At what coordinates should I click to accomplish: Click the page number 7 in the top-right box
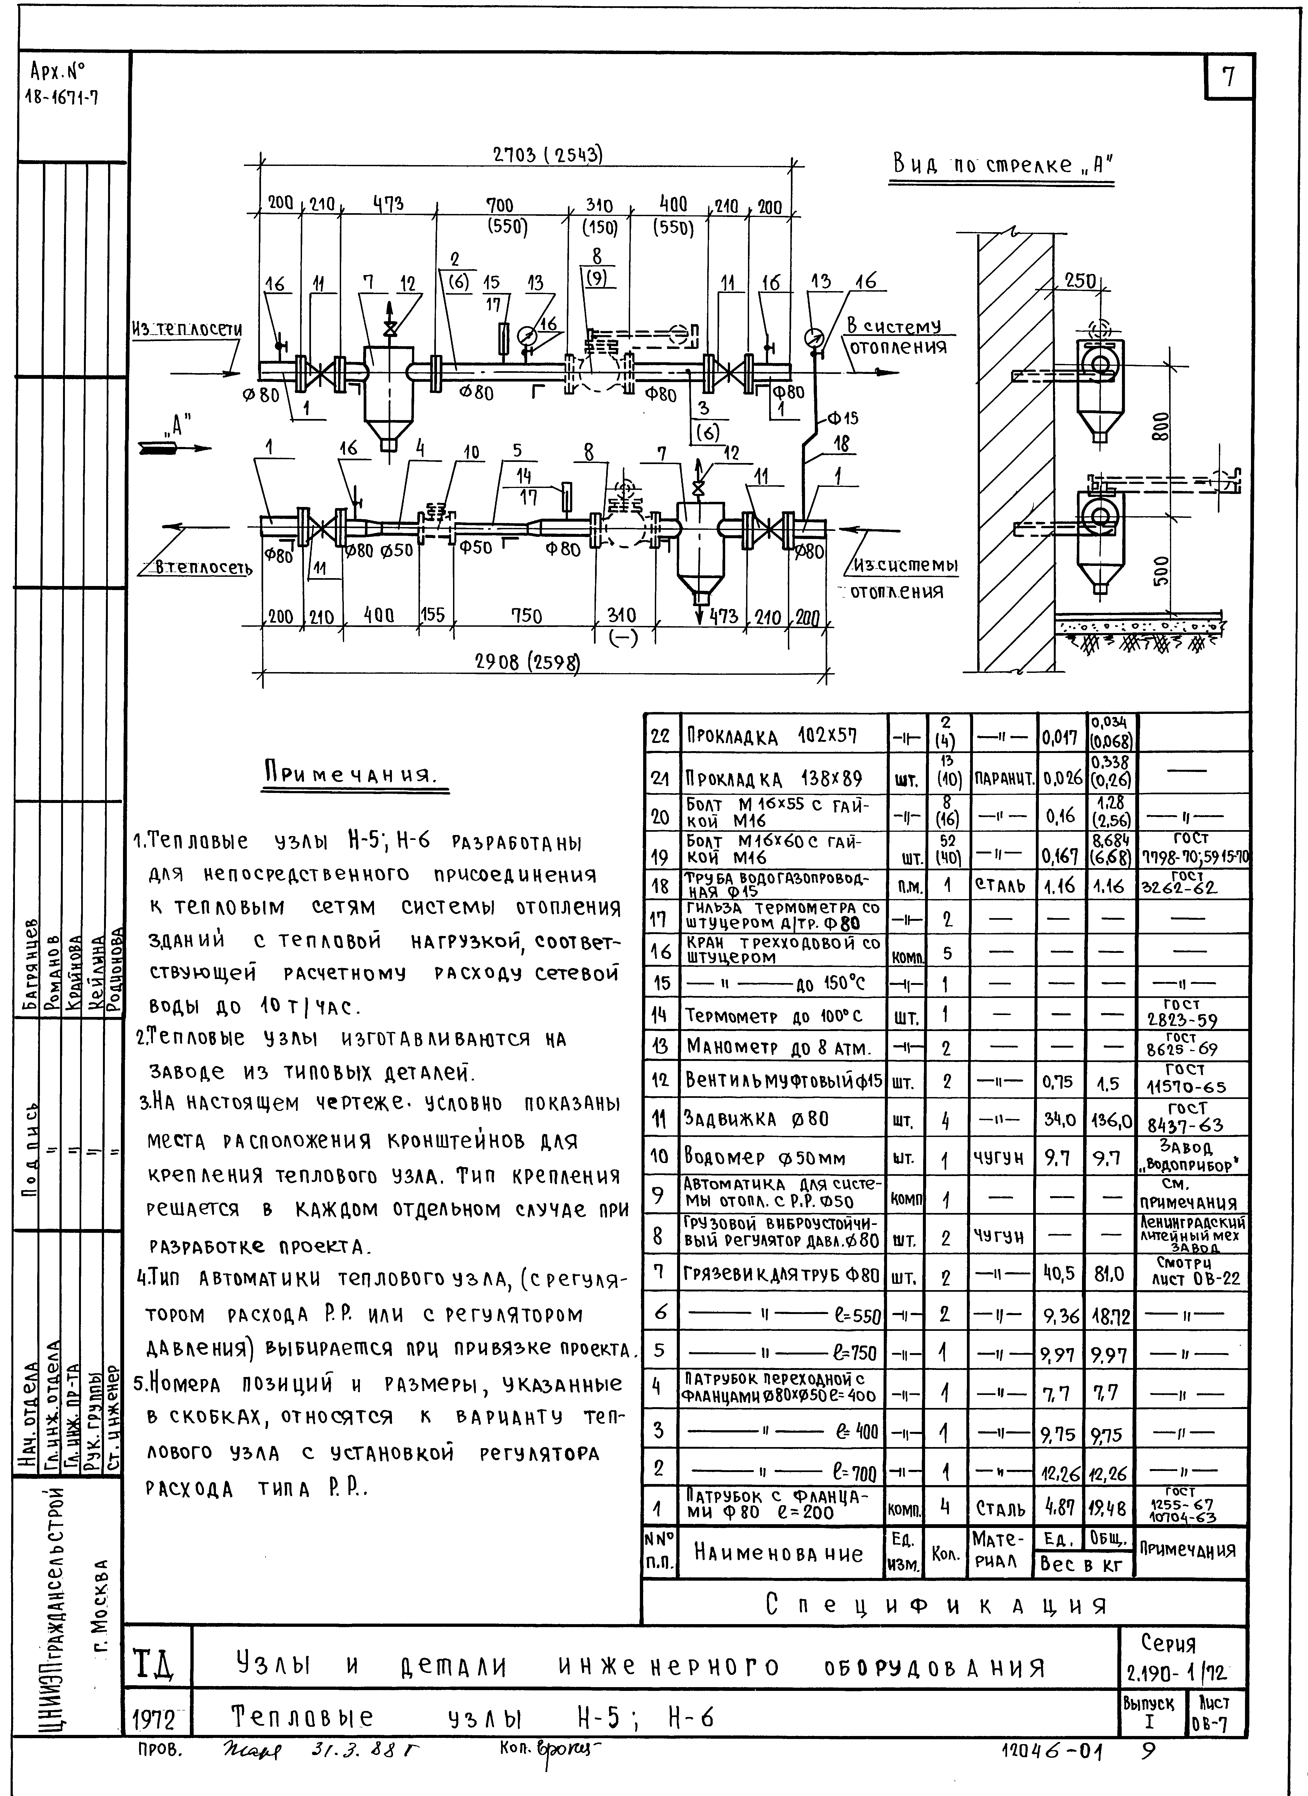pyautogui.click(x=1228, y=78)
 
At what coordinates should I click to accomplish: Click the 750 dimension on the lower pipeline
pyautogui.click(x=526, y=615)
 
